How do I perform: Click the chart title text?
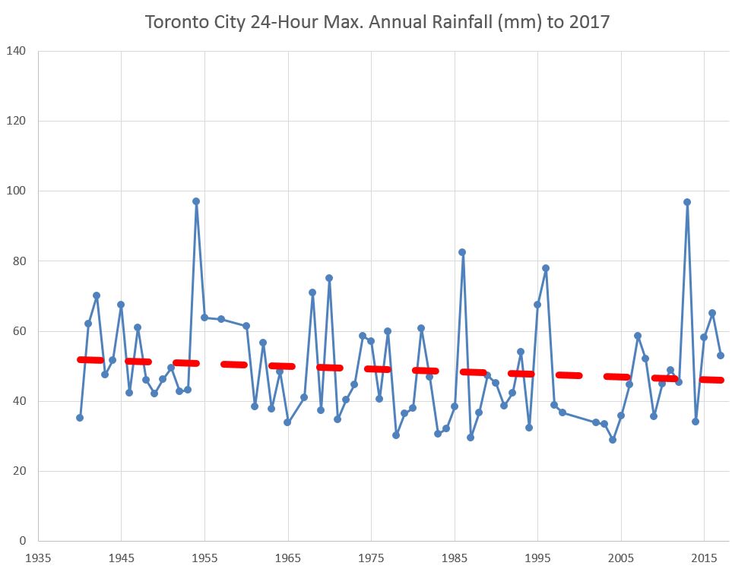click(x=377, y=22)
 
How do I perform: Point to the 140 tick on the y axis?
click(x=17, y=52)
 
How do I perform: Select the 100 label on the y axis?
click(x=17, y=191)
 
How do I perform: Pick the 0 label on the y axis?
click(x=23, y=541)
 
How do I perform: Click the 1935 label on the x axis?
click(x=38, y=557)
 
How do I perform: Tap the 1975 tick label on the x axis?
click(x=371, y=557)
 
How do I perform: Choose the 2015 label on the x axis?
click(x=705, y=557)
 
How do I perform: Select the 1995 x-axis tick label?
click(x=538, y=557)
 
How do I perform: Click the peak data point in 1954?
click(x=196, y=201)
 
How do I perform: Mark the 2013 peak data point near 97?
click(x=687, y=202)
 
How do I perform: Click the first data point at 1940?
click(x=80, y=417)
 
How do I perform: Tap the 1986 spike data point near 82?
click(x=462, y=252)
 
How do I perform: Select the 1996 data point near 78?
click(x=546, y=268)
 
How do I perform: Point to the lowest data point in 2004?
click(x=613, y=440)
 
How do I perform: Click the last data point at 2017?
click(x=721, y=355)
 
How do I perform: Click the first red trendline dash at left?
click(x=90, y=360)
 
